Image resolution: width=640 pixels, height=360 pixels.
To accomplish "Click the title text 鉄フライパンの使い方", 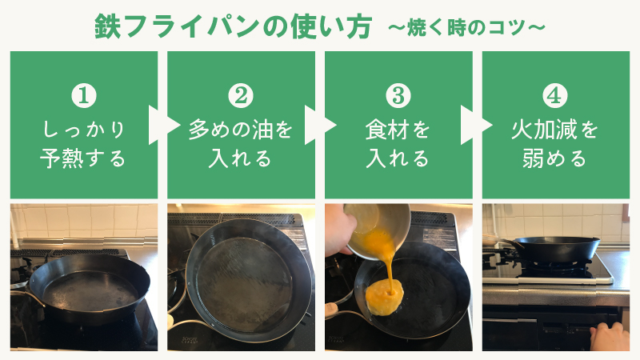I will click(x=232, y=26).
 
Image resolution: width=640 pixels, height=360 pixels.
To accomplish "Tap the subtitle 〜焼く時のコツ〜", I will click(x=466, y=28).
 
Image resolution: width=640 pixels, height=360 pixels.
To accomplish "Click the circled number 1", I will click(x=83, y=96).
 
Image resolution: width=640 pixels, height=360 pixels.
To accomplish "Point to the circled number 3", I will click(x=398, y=96).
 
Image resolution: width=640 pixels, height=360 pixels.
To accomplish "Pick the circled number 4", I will click(x=554, y=96).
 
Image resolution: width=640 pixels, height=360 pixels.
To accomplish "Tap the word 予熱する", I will click(x=83, y=158).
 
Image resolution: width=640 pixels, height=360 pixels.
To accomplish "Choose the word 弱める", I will click(x=554, y=158).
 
